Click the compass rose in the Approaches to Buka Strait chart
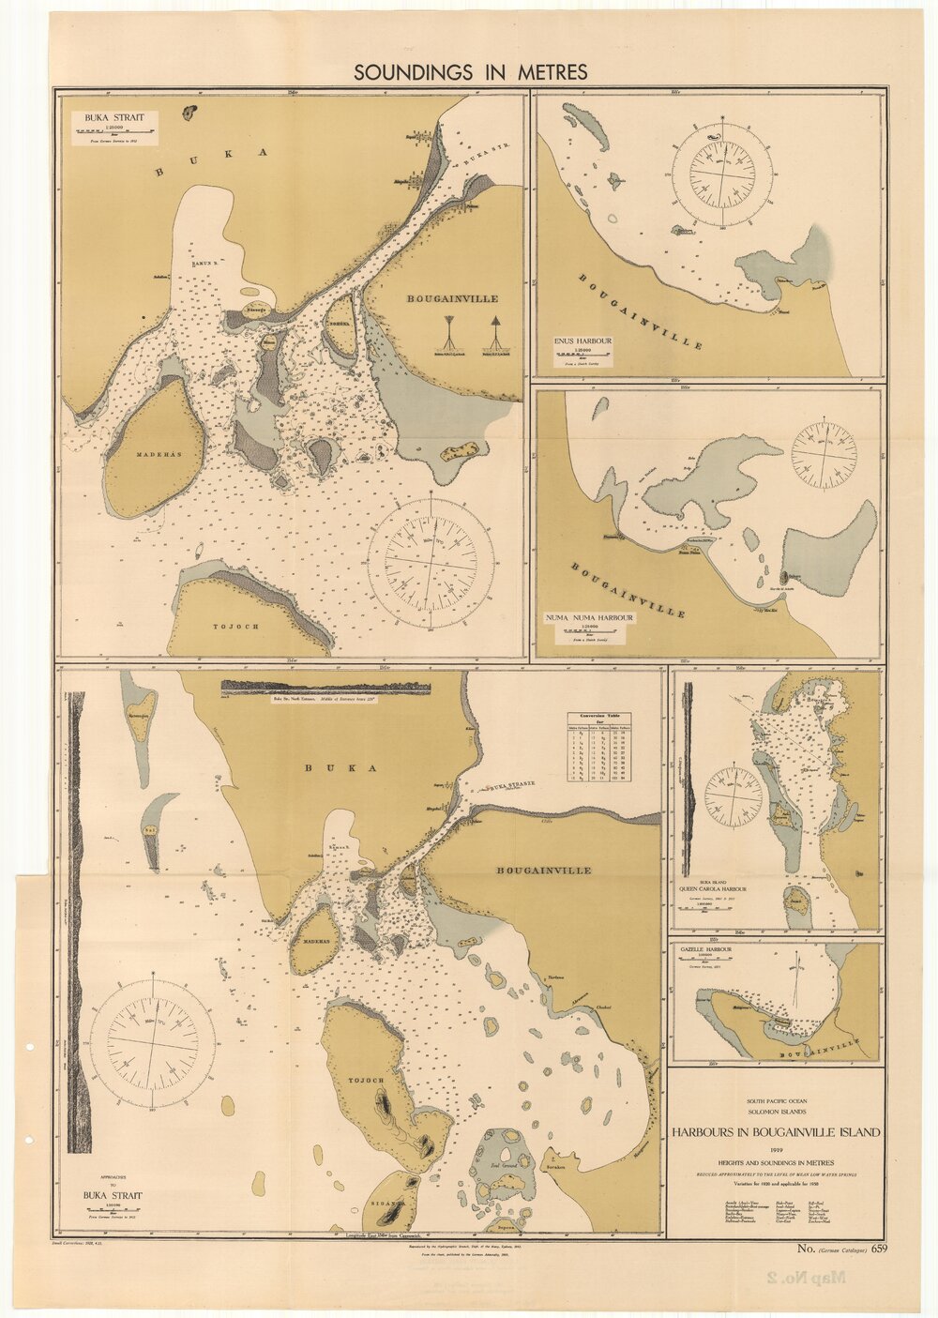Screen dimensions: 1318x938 pyautogui.click(x=150, y=1039)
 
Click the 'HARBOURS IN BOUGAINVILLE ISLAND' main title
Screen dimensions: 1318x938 pyautogui.click(x=775, y=1132)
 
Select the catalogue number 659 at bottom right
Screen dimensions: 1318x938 pyautogui.click(x=878, y=1248)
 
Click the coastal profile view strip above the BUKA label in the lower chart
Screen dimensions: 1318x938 pyautogui.click(x=325, y=689)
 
